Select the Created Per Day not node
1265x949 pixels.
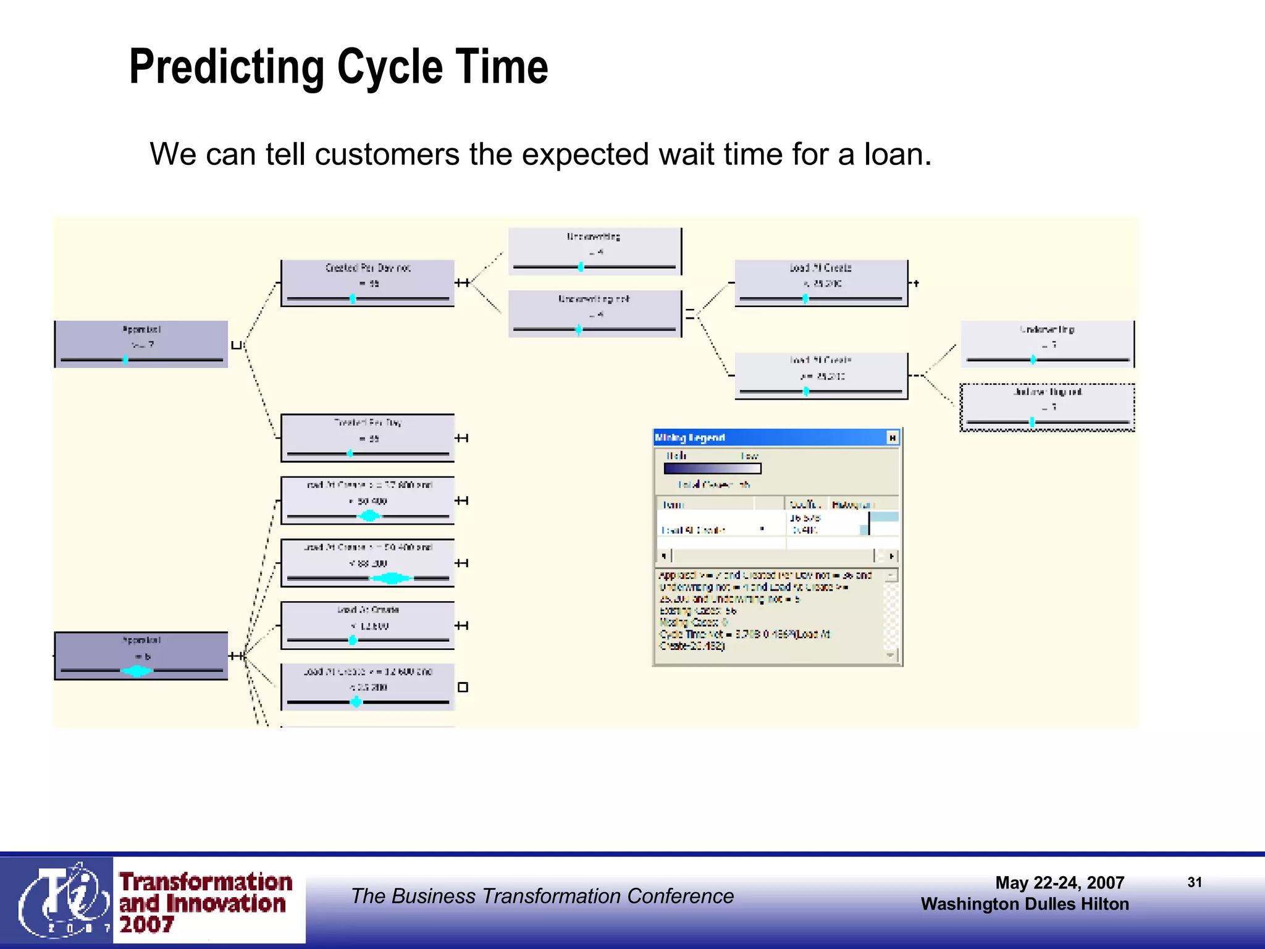click(x=368, y=283)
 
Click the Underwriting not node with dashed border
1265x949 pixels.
click(x=1047, y=407)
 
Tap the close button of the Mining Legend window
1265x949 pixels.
click(x=892, y=437)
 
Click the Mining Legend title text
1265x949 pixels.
click(x=689, y=437)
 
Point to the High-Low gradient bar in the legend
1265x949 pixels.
click(x=712, y=468)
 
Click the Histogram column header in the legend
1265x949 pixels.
click(x=854, y=505)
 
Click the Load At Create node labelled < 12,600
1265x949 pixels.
click(x=368, y=625)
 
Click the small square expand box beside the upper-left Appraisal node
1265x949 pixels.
click(x=235, y=345)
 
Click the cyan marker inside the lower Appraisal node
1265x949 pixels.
click(x=137, y=670)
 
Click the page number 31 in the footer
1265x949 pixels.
click(x=1194, y=882)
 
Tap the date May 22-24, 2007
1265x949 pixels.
click(x=1059, y=882)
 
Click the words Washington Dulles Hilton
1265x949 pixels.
click(x=1024, y=904)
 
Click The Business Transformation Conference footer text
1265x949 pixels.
click(x=542, y=896)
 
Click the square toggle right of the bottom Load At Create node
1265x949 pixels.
click(x=463, y=687)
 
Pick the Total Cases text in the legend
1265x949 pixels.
click(x=713, y=485)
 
